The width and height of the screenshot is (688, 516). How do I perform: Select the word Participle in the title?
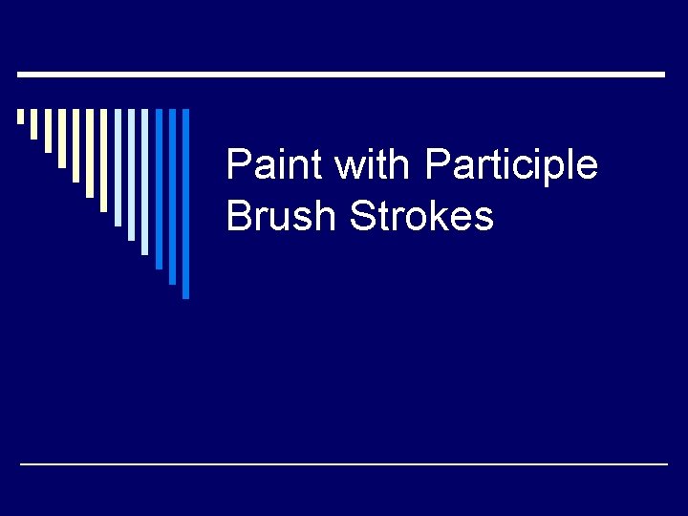[x=511, y=165]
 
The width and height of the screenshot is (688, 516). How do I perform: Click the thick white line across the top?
[x=342, y=74]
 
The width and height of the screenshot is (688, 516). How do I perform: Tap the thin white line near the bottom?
[x=344, y=463]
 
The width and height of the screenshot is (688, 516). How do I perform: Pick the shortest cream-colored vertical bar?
[x=20, y=117]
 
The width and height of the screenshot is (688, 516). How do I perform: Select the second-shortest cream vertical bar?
[x=34, y=123]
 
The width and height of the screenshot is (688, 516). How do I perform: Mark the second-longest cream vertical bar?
[x=90, y=153]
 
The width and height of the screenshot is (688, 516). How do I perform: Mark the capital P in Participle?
[x=437, y=165]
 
